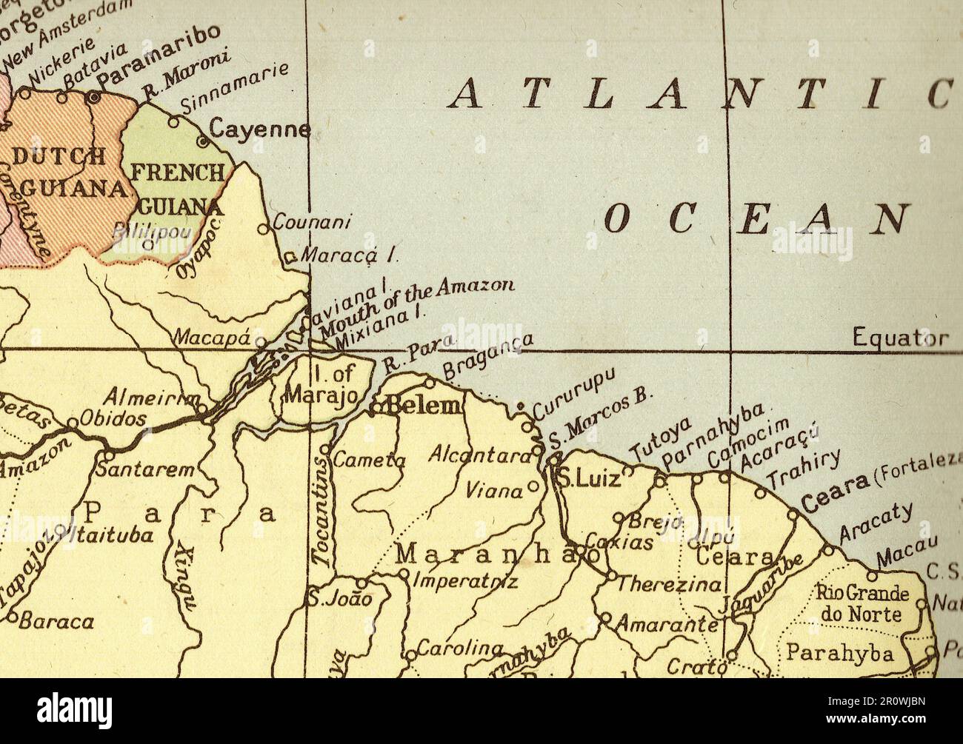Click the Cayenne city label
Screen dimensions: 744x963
coord(259,130)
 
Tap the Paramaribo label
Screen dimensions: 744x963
coord(159,56)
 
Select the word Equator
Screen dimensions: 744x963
coord(899,338)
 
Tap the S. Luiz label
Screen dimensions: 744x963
coord(588,479)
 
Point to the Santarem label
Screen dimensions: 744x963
coord(145,469)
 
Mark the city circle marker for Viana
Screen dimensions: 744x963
coord(533,488)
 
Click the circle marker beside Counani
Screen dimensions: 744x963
coord(264,228)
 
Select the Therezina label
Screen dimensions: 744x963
coord(669,584)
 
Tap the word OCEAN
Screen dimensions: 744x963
coord(756,219)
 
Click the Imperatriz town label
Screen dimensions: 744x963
coord(465,580)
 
